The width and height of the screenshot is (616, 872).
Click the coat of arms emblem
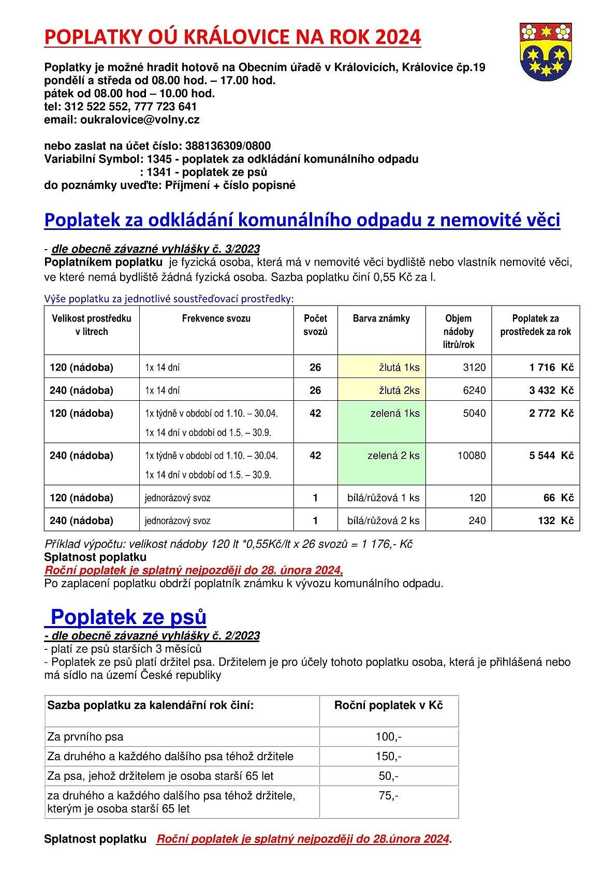pyautogui.click(x=545, y=52)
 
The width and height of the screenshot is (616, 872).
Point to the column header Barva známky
pyautogui.click(x=381, y=319)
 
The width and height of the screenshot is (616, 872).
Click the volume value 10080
pyautogui.click(x=471, y=456)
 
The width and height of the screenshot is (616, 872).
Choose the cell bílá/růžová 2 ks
pyautogui.click(x=383, y=521)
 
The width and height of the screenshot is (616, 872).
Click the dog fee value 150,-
pyautogui.click(x=388, y=757)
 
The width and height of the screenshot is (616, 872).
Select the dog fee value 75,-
pyautogui.click(x=388, y=796)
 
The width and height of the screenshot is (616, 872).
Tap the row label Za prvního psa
pyautogui.click(x=85, y=737)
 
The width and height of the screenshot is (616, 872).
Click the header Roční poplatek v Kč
pyautogui.click(x=388, y=705)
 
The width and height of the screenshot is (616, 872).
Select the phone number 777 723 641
pyautogui.click(x=165, y=107)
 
